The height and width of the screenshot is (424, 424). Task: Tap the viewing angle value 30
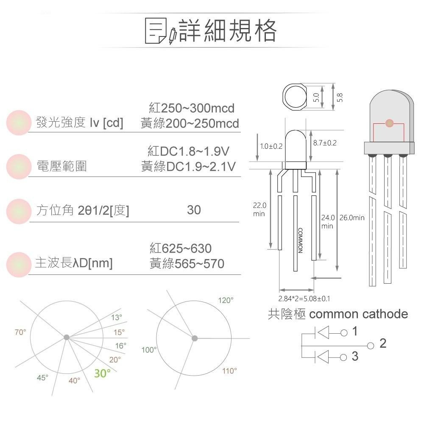point(194,210)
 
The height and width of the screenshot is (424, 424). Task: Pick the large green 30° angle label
point(102,374)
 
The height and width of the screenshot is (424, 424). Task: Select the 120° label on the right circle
point(226,300)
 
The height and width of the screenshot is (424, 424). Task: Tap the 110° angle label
point(230,371)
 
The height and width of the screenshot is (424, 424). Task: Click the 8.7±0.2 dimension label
point(324,143)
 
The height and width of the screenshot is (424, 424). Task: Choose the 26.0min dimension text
point(353,218)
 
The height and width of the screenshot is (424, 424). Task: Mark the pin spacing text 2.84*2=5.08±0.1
point(304,298)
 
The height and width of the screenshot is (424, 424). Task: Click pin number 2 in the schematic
point(383,343)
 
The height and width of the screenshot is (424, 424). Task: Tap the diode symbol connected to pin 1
point(324,332)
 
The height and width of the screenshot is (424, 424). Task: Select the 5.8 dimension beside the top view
point(340,97)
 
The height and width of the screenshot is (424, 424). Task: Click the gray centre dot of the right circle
point(195,338)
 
